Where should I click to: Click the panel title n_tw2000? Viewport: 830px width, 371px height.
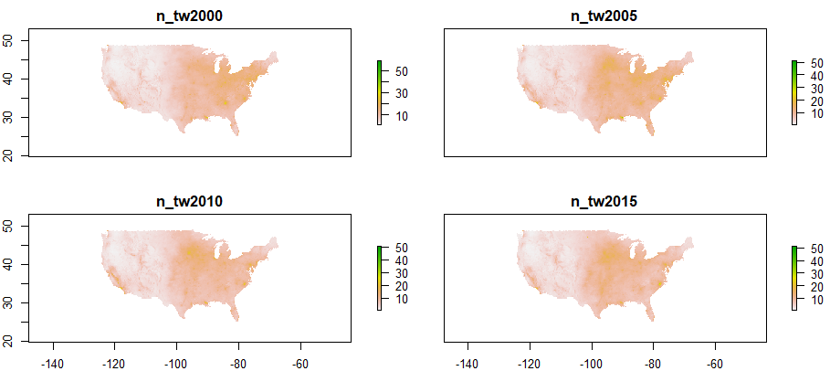pyautogui.click(x=190, y=16)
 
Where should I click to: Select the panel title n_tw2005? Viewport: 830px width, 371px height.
pyautogui.click(x=604, y=16)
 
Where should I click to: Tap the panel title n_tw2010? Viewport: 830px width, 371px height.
pyautogui.click(x=190, y=202)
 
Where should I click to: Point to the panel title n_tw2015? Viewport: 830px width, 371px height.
pyautogui.click(x=604, y=202)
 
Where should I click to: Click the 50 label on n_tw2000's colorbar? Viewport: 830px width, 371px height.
pyautogui.click(x=396, y=70)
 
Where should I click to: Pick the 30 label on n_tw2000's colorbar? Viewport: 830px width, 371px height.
pyautogui.click(x=396, y=93)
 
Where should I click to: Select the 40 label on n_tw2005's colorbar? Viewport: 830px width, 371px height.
pyautogui.click(x=811, y=75)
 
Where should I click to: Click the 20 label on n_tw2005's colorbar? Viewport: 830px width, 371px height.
pyautogui.click(x=811, y=101)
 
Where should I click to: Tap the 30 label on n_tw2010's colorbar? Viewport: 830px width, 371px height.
pyautogui.click(x=396, y=273)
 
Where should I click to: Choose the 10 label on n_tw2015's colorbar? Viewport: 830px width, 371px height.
pyautogui.click(x=811, y=299)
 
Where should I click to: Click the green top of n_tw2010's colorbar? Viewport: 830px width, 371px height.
pyautogui.click(x=380, y=250)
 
